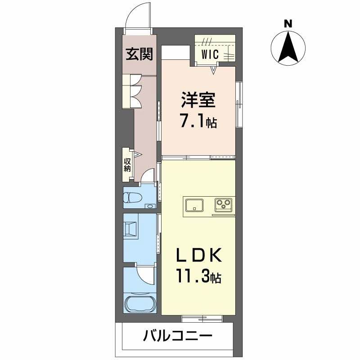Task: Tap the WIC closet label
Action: click(210, 55)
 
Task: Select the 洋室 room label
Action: click(198, 100)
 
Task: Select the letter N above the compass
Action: click(288, 24)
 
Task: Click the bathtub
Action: click(139, 303)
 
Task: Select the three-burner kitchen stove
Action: click(223, 205)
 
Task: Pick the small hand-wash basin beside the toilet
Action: click(149, 206)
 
